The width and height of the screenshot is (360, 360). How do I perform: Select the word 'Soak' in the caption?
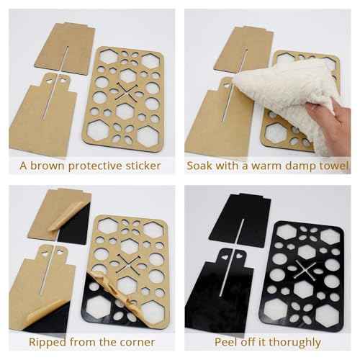[201, 166]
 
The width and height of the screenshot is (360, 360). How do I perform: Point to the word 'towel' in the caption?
[333, 166]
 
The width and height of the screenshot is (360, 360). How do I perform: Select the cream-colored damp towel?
[284, 90]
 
